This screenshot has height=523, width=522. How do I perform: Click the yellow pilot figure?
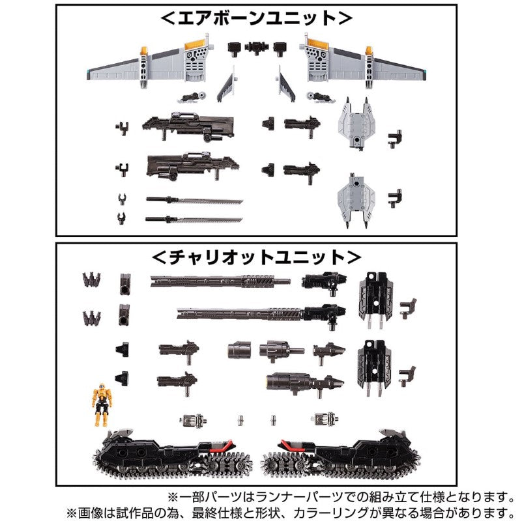pos(102,404)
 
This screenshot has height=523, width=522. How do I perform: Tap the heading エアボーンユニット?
pos(256,18)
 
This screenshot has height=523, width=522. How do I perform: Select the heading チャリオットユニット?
pos(256,257)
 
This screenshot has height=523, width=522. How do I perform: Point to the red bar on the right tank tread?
pos(291,445)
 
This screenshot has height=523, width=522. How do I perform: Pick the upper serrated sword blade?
pos(194,201)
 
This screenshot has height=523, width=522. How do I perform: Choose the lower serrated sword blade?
pos(194,219)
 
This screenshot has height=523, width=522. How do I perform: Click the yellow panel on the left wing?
pos(195,43)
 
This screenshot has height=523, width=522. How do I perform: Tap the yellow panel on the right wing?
pos(317,43)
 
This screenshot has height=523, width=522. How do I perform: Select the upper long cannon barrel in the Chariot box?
pos(220,281)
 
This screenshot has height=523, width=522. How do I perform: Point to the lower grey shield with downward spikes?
pos(356,200)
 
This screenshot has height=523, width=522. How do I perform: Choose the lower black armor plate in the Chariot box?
pos(375,368)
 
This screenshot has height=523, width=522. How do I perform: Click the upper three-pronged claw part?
pos(92,280)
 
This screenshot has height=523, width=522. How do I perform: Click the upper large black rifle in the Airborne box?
pos(188,126)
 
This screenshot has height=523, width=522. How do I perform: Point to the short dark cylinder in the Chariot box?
pos(239,350)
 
